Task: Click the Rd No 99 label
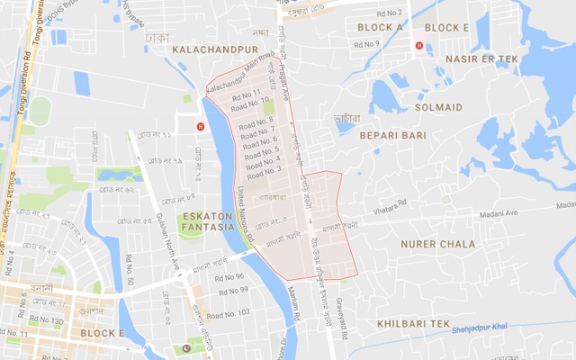[233, 290]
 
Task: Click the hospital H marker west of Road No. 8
[200, 126]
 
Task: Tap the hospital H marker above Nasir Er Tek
[418, 46]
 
